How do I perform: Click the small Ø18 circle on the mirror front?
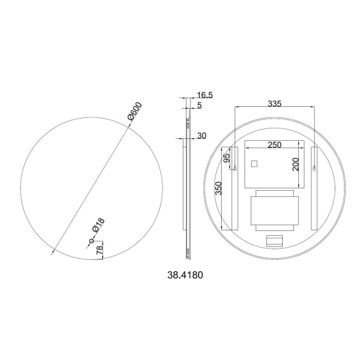91,240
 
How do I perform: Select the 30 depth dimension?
202,136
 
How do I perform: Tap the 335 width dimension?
275,104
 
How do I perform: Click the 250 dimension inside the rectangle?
274,145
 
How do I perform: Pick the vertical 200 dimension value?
296,164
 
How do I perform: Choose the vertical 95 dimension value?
227,158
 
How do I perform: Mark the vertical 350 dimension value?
218,188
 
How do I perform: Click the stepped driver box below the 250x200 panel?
275,210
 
